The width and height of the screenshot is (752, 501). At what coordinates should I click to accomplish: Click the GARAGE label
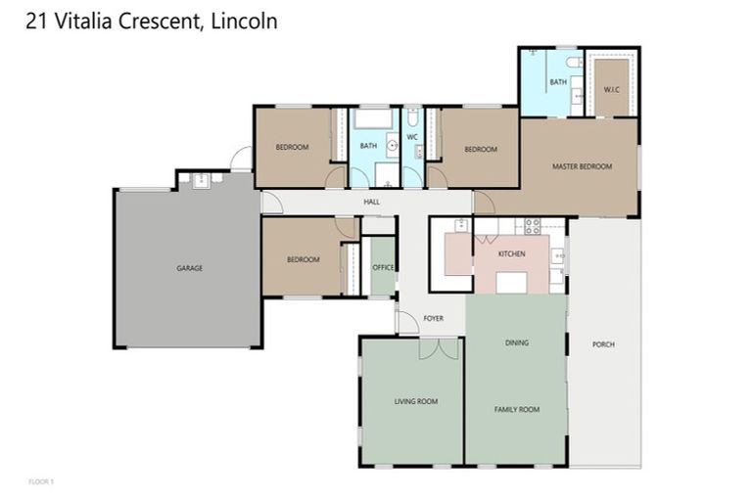point(189,268)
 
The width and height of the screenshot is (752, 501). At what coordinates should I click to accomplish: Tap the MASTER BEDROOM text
point(582,166)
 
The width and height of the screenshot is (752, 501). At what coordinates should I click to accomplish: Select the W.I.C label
point(611,90)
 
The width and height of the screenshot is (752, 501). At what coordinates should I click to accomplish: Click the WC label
point(412,137)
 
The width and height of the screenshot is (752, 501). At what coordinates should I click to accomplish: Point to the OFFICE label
point(383,267)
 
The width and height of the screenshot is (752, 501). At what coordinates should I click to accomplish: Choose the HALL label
point(371,203)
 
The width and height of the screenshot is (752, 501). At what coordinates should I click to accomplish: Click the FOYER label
point(433,318)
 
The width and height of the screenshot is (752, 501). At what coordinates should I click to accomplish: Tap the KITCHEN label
point(511,253)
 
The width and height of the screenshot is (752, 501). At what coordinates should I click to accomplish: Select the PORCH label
point(603,345)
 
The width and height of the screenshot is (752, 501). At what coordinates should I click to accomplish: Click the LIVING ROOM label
point(415,401)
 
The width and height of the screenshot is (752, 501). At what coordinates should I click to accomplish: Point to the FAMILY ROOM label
point(516,409)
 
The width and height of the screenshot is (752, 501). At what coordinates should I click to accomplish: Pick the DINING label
point(516,343)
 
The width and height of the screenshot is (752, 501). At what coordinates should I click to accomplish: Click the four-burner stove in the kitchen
point(534,226)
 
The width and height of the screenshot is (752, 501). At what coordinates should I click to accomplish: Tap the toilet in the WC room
point(412,119)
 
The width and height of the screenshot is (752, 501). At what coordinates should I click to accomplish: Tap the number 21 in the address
point(35,21)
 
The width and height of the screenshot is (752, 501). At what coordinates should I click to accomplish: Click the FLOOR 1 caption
point(41,481)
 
